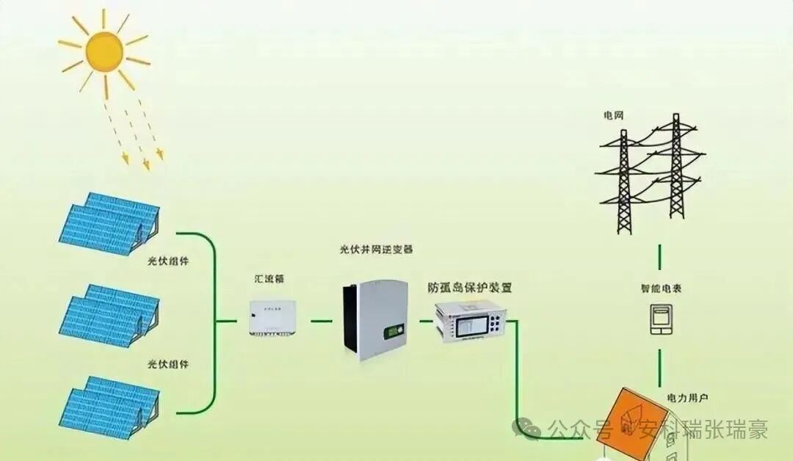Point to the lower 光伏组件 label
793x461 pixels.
(x=168, y=364)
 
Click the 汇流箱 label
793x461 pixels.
(x=269, y=279)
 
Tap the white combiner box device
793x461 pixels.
(x=273, y=318)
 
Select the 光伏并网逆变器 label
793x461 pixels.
(x=376, y=250)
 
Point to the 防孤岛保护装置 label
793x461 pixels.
(x=470, y=287)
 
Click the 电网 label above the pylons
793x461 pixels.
(x=613, y=116)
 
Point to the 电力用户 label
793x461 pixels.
(x=687, y=397)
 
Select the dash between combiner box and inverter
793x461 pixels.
(x=321, y=320)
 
